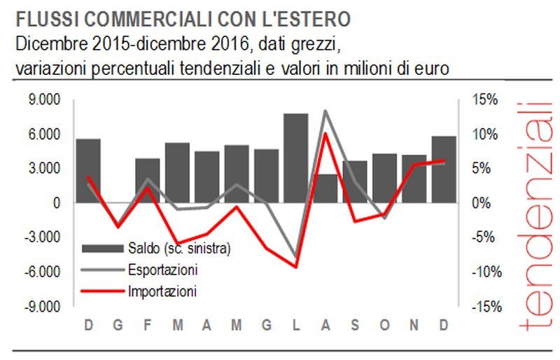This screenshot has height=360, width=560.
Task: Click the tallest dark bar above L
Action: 295,158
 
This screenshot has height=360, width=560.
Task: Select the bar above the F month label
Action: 148,180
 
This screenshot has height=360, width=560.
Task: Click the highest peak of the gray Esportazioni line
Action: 325,111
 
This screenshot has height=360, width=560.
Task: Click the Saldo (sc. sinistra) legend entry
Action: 179,249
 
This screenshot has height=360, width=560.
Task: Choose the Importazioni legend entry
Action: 162,289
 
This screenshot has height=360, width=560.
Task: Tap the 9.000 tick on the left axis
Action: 43,100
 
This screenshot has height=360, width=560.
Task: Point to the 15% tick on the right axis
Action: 484,100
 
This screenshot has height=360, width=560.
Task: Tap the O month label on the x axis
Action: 384,325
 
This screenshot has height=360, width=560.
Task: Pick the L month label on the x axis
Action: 296,325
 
